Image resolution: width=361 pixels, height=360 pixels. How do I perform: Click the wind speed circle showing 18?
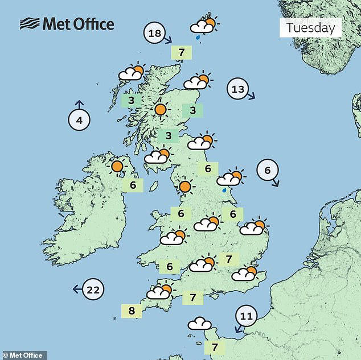point(155,34)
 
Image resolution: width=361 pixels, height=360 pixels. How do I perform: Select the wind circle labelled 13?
point(238,89)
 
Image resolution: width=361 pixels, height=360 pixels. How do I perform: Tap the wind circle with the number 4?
point(79,120)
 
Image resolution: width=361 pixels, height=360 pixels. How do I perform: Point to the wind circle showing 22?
point(94,289)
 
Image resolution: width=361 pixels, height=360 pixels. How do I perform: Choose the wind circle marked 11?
point(247,316)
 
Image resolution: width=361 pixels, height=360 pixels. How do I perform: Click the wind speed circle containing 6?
point(268,169)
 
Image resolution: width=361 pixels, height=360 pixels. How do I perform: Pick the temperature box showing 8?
point(132,311)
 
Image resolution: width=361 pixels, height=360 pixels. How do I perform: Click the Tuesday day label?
point(310,27)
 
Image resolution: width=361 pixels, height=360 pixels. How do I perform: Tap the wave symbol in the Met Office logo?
point(30,24)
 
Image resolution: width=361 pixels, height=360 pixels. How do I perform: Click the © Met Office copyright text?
point(23,355)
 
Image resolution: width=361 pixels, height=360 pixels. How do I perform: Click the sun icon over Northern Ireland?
point(117,167)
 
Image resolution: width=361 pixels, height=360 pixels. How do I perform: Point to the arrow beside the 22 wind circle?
point(76,289)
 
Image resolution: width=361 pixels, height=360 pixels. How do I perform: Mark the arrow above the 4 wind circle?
point(79,105)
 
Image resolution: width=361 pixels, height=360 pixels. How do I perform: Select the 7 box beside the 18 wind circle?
point(181,52)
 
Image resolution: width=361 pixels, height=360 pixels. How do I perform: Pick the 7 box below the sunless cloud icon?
point(215,346)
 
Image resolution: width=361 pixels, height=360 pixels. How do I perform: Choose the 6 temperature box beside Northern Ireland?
point(133,185)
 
